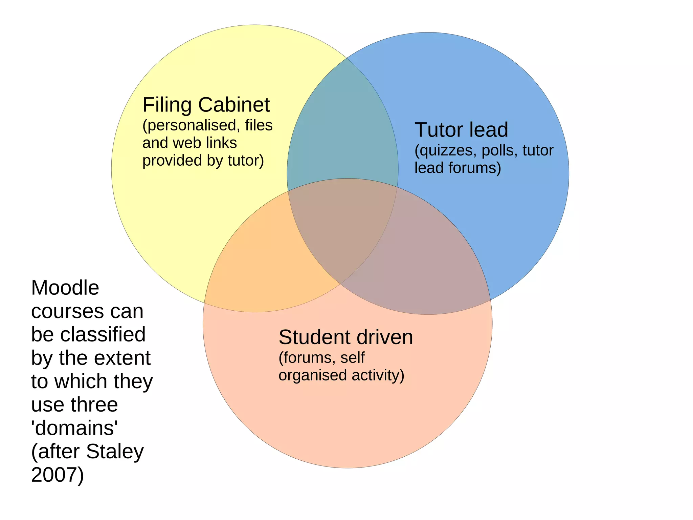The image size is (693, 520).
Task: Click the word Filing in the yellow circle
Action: coord(167,105)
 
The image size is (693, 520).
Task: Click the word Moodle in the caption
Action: coord(65,288)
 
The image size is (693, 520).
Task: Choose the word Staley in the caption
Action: coord(115,452)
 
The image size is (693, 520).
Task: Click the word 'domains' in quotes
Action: coord(74,428)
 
